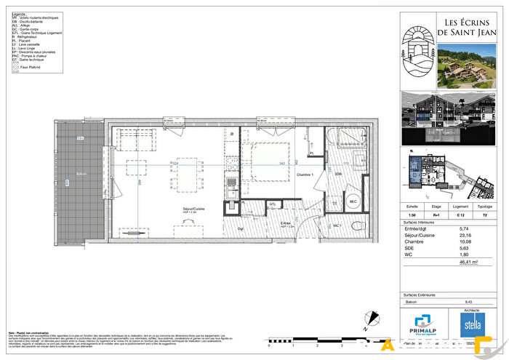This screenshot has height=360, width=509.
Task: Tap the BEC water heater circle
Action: point(353,201)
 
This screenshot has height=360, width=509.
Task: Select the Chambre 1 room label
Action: point(304,175)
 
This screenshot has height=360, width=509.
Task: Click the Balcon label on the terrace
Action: point(81,175)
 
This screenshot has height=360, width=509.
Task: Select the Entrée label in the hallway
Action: point(286,223)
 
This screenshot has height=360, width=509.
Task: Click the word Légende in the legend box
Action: point(18,14)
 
